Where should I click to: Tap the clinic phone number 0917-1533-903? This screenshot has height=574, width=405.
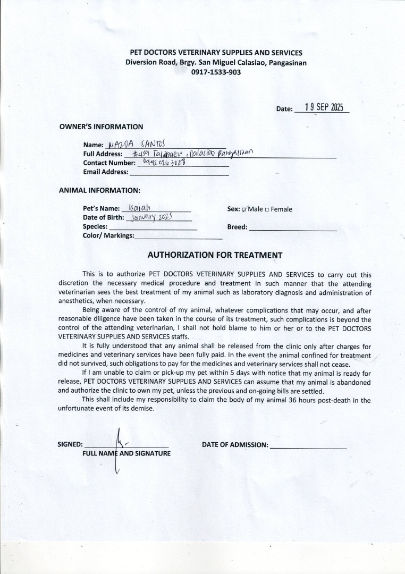tap(216, 72)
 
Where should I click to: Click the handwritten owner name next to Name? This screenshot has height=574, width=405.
tap(137, 143)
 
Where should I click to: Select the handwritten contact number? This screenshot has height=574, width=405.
tap(164, 162)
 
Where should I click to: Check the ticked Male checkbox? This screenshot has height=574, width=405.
tap(244, 209)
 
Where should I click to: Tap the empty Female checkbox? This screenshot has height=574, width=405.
tap(267, 209)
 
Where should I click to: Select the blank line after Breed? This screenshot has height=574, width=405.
tap(292, 229)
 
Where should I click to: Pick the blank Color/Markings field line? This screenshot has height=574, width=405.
tap(178, 238)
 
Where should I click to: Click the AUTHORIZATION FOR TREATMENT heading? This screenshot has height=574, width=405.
tap(215, 255)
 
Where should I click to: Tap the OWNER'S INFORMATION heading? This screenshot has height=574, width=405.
tap(101, 127)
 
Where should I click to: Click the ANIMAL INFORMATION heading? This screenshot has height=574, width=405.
tap(99, 190)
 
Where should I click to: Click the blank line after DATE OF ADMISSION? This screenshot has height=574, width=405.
tap(308, 447)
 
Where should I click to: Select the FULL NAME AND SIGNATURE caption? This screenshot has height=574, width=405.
tap(126, 453)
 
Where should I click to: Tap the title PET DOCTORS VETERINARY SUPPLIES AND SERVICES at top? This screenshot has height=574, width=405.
tap(216, 53)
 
